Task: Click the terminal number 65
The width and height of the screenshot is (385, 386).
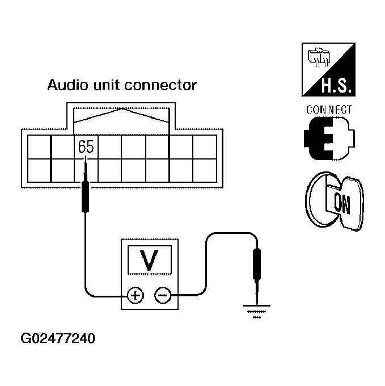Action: click(86, 147)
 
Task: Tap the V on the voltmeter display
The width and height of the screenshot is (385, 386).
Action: click(149, 261)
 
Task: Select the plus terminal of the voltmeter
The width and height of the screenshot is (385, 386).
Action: click(134, 295)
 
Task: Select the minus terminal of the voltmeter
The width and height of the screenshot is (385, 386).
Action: click(163, 295)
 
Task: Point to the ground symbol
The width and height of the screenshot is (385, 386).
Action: click(257, 311)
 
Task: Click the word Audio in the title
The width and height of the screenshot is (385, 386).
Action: click(64, 86)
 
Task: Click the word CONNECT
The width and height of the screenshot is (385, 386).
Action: click(329, 110)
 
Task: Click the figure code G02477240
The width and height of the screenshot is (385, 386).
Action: click(58, 340)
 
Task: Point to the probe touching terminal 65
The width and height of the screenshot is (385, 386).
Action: click(85, 193)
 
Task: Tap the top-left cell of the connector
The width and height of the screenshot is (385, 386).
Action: click(39, 147)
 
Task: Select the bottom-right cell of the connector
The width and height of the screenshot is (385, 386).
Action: click(205, 170)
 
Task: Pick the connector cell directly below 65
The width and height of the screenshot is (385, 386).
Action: click(86, 170)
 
